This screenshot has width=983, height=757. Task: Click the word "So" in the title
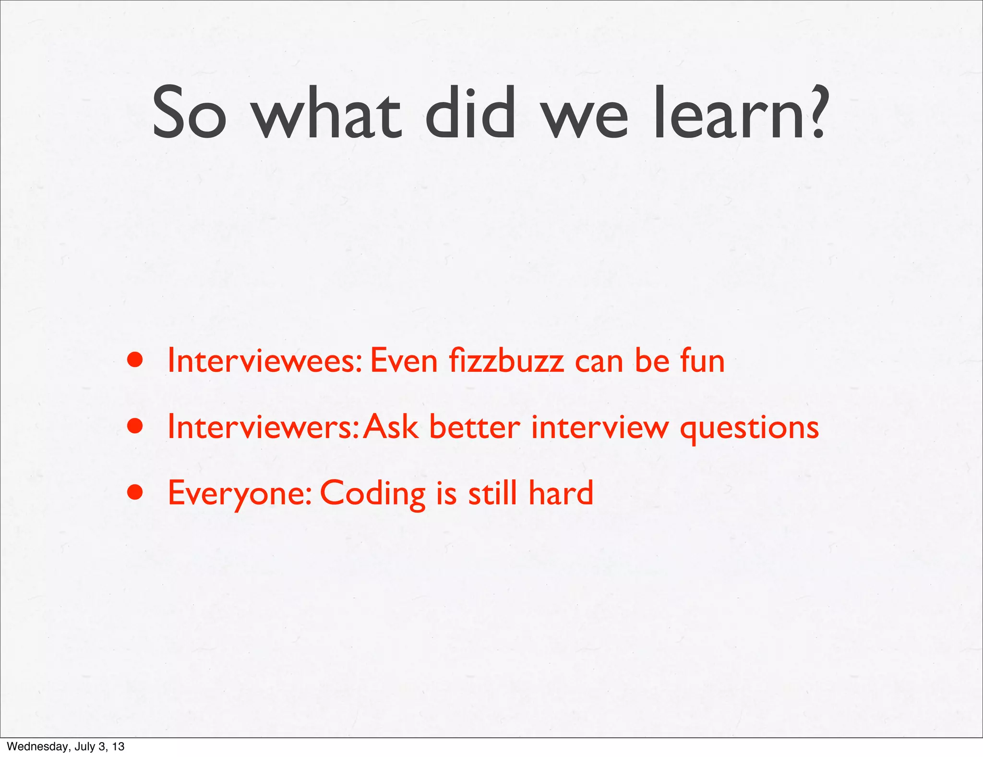click(x=189, y=113)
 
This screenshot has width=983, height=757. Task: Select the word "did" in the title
click(x=470, y=113)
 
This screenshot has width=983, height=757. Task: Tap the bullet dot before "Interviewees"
click(x=135, y=360)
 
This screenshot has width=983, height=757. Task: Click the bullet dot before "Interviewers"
click(x=135, y=426)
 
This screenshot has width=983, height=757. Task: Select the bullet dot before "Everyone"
click(x=135, y=492)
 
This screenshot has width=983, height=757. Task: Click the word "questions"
click(x=749, y=427)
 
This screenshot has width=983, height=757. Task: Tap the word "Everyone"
click(x=240, y=493)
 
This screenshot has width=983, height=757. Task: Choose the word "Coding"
click(x=372, y=493)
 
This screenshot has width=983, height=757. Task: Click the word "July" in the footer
click(x=82, y=746)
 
